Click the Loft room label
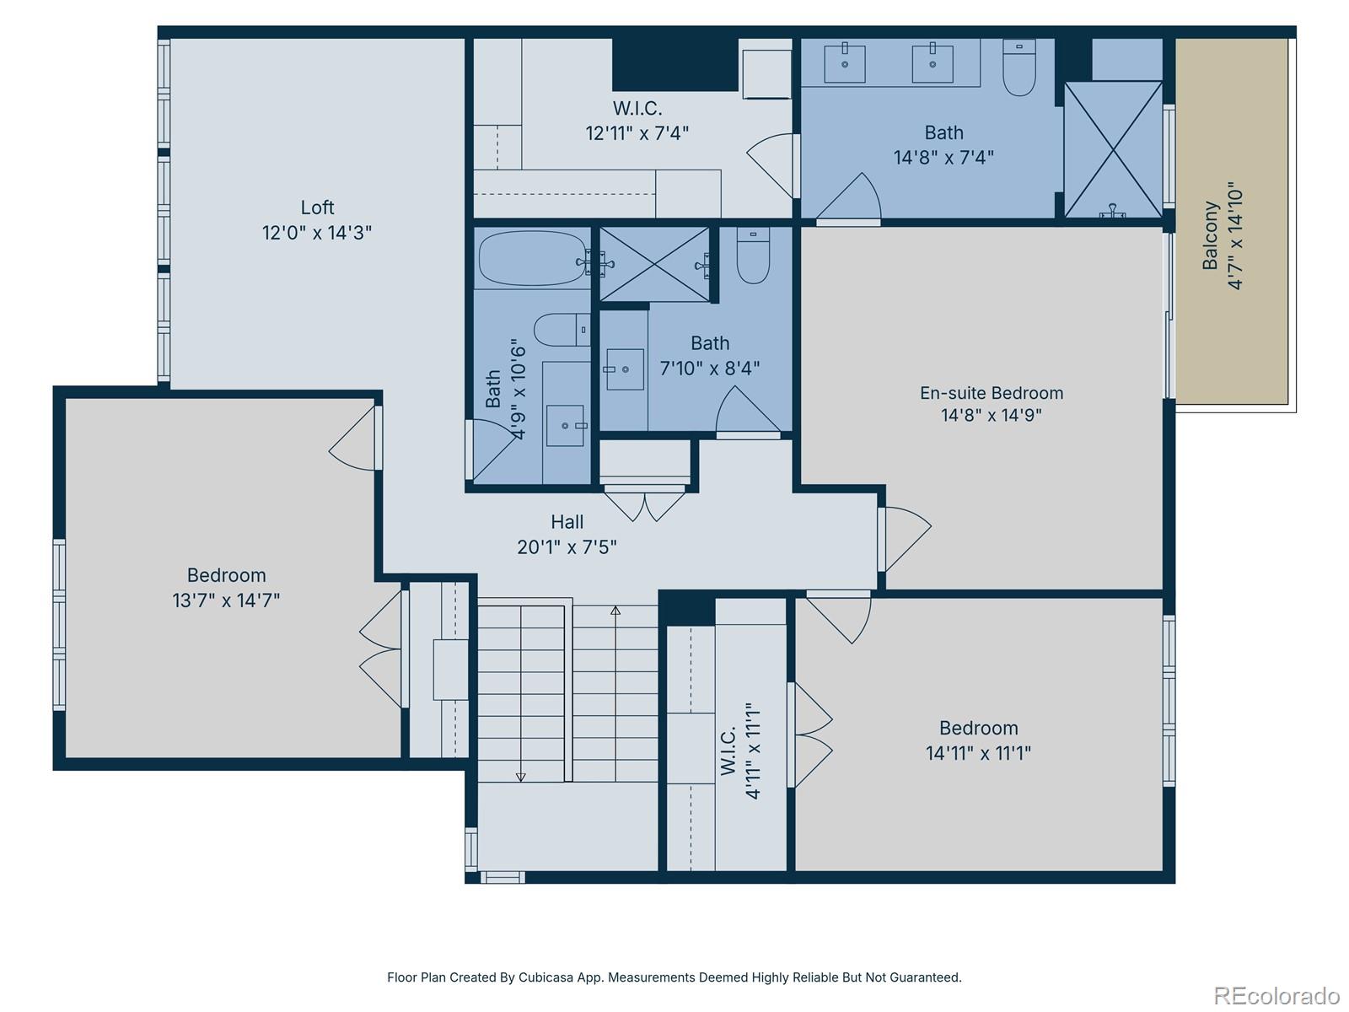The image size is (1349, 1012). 317,207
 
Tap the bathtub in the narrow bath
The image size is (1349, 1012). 531,258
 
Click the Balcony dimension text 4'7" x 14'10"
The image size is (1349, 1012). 1235,235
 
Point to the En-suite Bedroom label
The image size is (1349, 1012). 991,393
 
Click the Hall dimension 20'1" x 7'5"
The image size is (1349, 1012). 567,547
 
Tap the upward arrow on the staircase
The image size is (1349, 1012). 615,611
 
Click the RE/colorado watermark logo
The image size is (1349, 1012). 1276,996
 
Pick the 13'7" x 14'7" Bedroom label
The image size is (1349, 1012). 226,576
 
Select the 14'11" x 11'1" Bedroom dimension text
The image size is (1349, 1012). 978,753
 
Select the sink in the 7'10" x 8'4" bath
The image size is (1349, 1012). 624,369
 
